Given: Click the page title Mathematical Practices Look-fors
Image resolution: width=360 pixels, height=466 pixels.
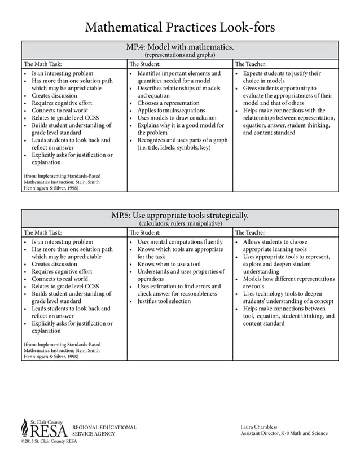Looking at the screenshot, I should tap(180, 27).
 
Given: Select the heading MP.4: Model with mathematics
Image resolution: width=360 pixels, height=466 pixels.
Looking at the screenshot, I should tap(180, 47).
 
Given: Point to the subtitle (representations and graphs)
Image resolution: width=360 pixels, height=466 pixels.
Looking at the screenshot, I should tap(180, 55).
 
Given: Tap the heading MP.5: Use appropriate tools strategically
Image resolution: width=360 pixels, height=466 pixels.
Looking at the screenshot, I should tap(180, 216).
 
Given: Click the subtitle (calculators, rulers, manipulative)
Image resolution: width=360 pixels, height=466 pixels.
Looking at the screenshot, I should tap(180, 223).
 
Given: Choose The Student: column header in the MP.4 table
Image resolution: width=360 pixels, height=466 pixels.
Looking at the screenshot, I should tap(145, 64).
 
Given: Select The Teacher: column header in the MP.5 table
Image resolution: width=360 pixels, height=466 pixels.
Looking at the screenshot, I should tap(251, 232).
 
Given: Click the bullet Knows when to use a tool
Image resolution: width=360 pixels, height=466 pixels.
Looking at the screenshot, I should tap(169, 264).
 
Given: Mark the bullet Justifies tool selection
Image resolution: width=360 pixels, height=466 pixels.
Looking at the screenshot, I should tap(164, 301).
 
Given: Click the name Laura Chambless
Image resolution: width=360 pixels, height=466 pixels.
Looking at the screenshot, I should tap(259, 427).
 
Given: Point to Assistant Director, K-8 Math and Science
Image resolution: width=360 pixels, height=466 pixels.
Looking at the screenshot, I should tap(284, 433).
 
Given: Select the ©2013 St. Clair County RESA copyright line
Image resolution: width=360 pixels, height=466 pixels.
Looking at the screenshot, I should tap(49, 441).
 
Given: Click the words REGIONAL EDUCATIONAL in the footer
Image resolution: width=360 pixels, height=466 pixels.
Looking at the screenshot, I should tap(104, 427).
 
